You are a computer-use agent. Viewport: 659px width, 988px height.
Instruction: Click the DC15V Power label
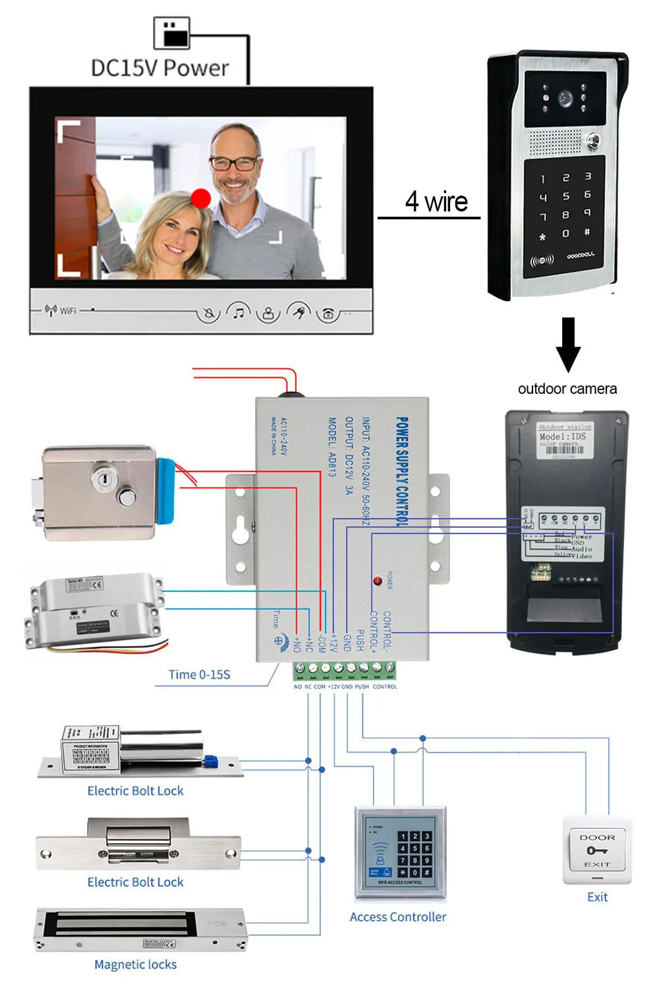159,68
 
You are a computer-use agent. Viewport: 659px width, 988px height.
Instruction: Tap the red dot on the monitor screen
201,198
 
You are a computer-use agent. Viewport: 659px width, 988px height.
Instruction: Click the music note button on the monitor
239,312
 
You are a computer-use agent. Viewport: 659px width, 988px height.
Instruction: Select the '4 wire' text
436,202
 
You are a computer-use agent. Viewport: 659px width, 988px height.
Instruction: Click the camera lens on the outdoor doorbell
565,99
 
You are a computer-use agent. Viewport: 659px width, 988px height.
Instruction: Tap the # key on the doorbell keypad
587,232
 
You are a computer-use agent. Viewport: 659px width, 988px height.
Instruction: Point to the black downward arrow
568,344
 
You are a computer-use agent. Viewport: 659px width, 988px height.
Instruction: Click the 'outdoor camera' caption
567,389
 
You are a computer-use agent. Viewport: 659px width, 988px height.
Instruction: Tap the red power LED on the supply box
378,581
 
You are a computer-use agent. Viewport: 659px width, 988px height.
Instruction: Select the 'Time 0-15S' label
199,674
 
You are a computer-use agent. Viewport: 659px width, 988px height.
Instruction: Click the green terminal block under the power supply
345,670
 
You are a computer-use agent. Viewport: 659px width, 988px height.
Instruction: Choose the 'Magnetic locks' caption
135,964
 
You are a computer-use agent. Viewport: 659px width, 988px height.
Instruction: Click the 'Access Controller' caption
397,917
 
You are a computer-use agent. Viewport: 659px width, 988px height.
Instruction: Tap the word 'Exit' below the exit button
597,897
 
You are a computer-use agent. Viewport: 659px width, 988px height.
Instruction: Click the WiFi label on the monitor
68,310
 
